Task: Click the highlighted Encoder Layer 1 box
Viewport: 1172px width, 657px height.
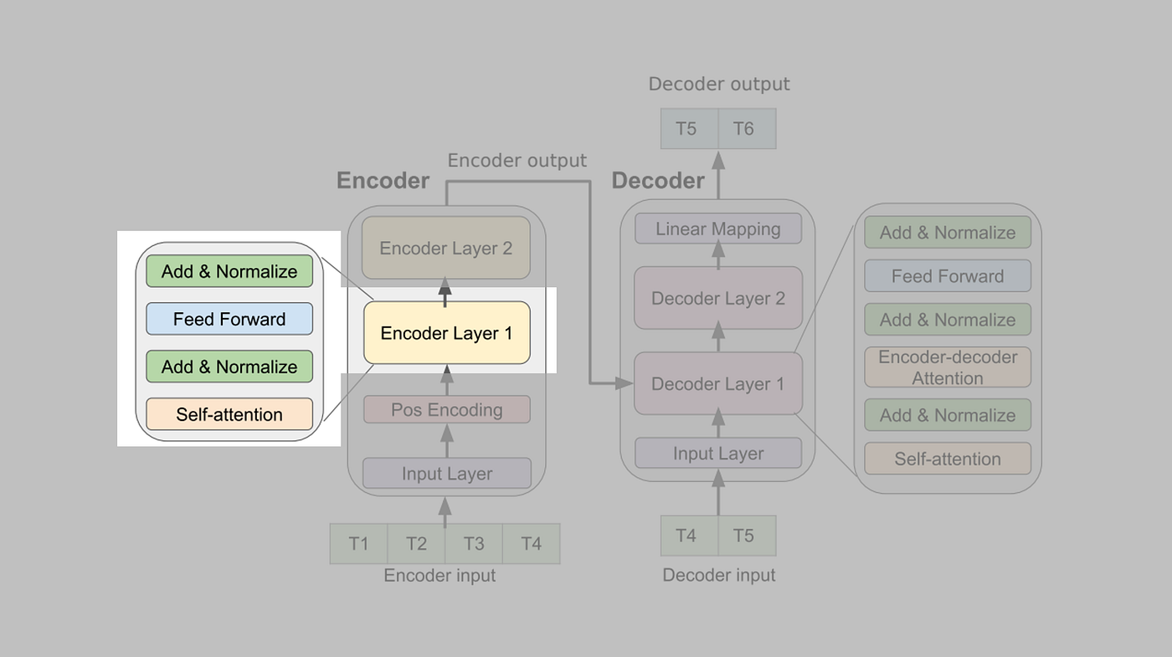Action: pos(446,333)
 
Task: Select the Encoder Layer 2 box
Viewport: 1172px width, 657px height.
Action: pos(446,248)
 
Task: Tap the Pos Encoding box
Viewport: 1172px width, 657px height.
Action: pos(446,410)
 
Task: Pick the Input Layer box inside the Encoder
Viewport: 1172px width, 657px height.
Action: pos(446,474)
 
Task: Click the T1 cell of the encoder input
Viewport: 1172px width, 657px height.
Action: pos(359,544)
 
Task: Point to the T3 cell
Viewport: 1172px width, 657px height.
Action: pos(474,544)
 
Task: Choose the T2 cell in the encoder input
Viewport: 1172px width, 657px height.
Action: pos(416,544)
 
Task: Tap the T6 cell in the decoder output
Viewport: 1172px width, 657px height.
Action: pos(743,129)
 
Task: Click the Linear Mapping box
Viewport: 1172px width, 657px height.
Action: pos(718,229)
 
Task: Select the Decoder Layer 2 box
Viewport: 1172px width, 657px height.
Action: pos(718,299)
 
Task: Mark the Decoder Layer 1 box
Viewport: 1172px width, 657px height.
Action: pos(718,384)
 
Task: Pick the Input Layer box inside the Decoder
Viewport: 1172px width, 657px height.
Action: pos(718,454)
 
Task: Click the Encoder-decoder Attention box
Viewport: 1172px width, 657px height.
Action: pos(948,367)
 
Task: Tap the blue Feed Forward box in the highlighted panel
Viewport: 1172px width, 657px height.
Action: pos(229,319)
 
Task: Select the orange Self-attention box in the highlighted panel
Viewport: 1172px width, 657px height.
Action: pos(229,414)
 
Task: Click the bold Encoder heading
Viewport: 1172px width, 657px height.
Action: pos(383,181)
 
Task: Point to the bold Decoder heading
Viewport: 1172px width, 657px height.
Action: pos(658,181)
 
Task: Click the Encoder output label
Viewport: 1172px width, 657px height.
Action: pos(517,161)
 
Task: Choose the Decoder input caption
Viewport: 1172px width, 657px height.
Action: pos(719,575)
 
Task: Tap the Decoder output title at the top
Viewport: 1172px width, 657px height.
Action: pos(719,85)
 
